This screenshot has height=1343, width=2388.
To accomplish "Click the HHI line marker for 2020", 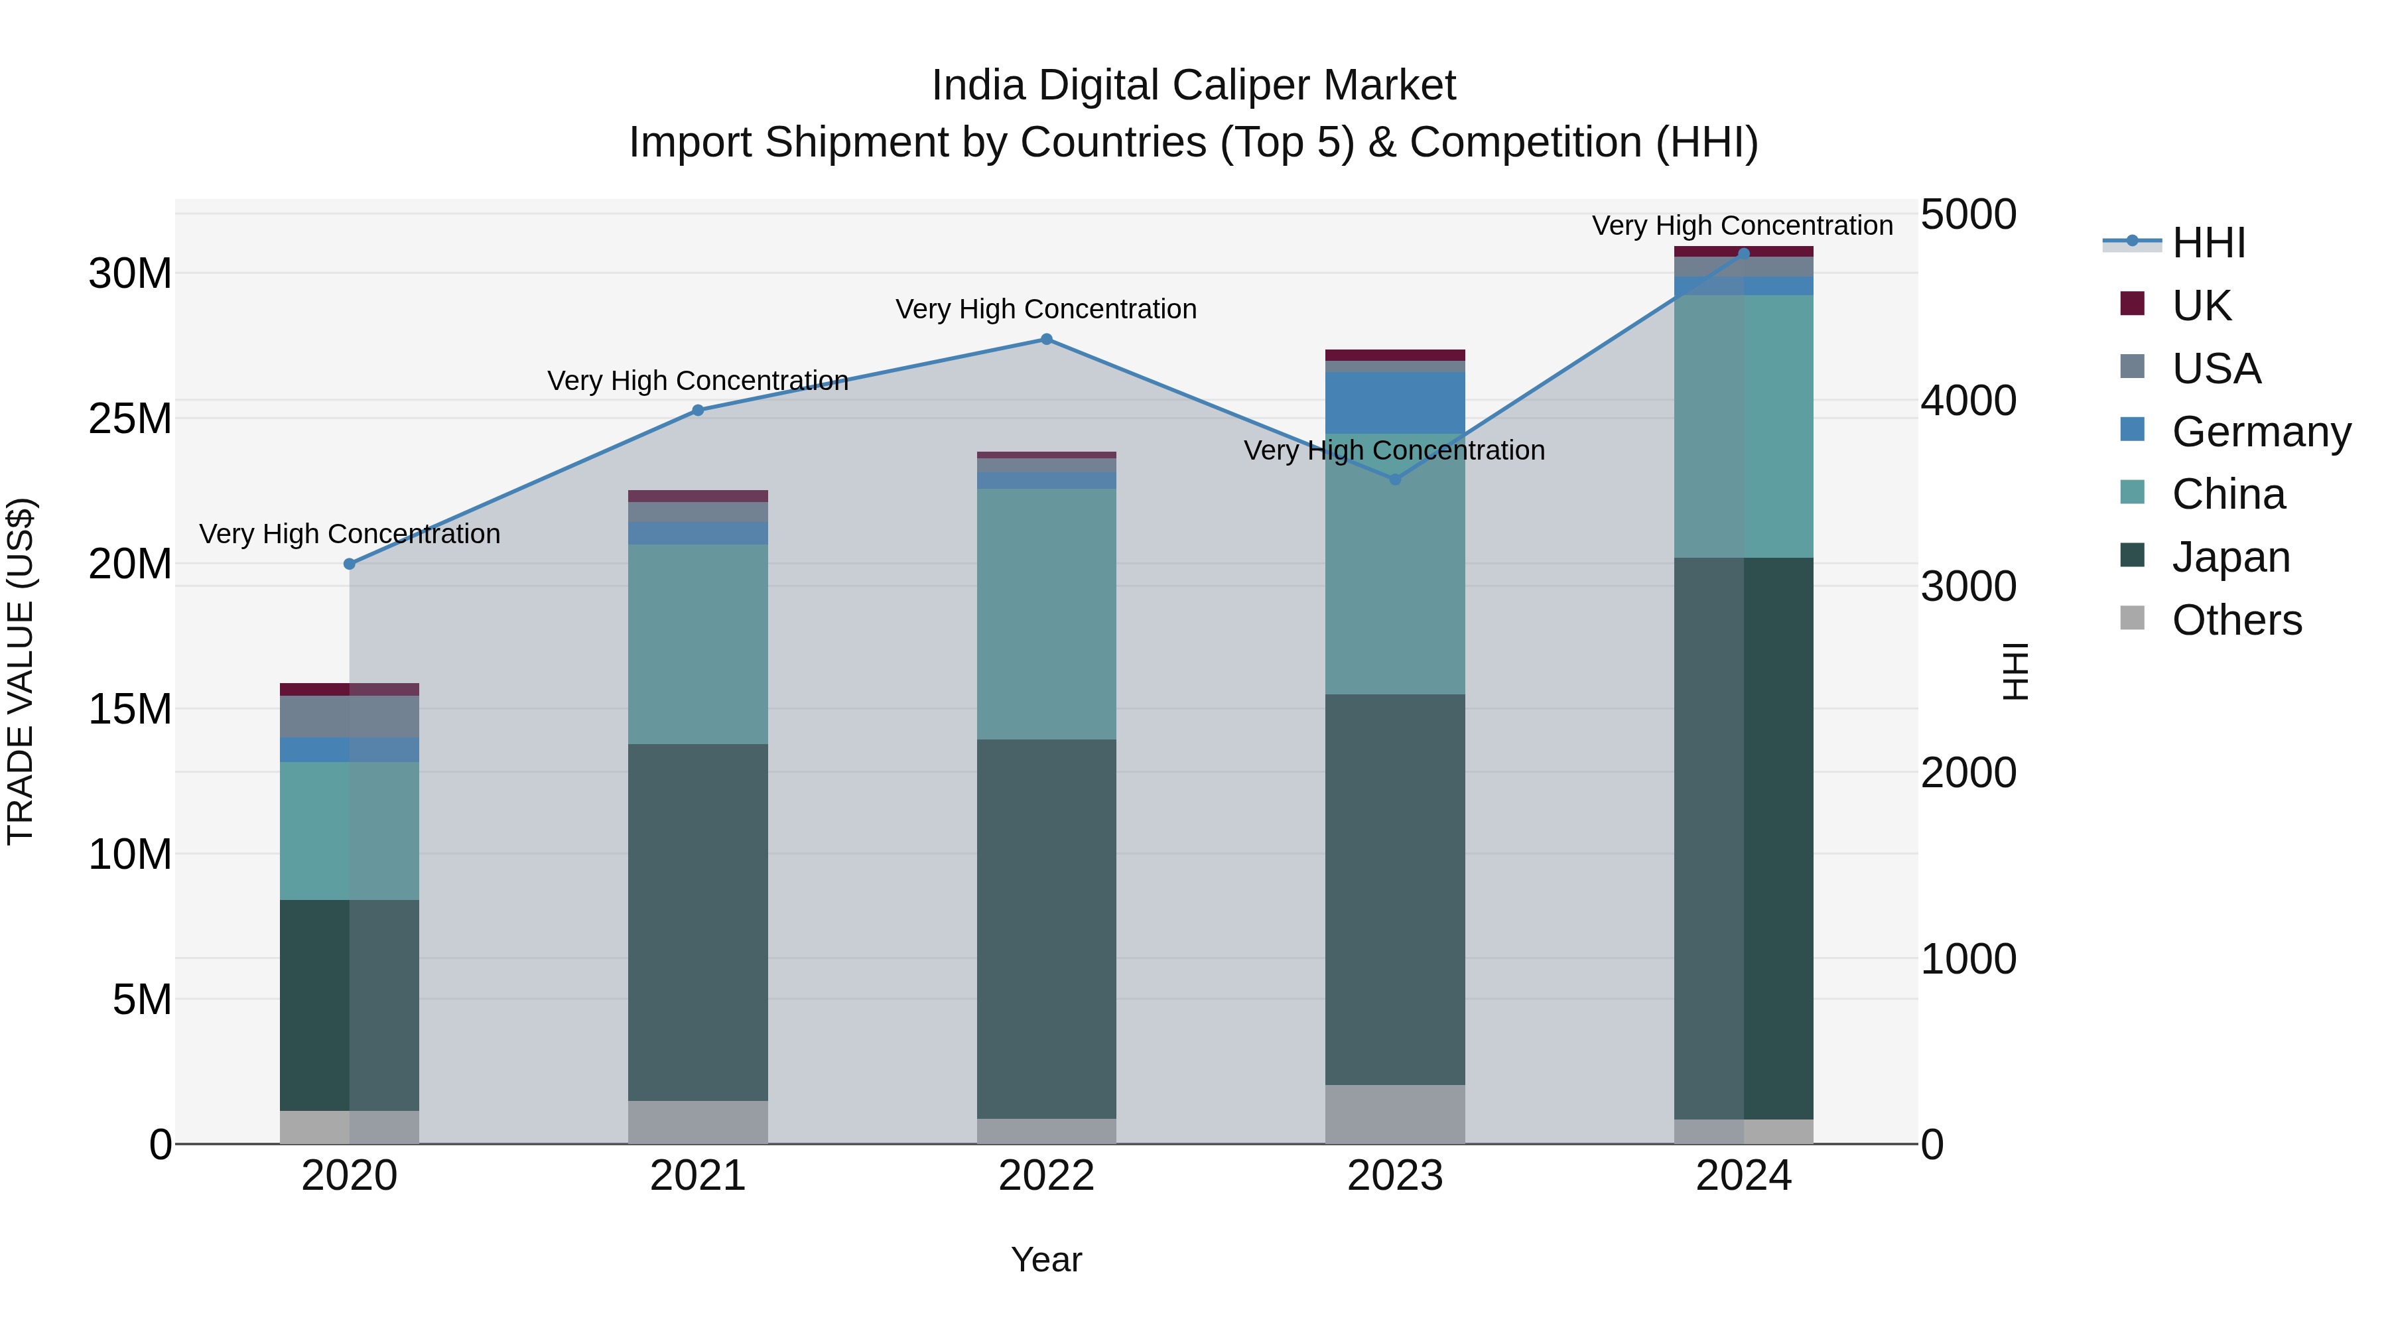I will click(350, 564).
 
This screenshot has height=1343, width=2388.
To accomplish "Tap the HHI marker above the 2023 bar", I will click(1394, 480).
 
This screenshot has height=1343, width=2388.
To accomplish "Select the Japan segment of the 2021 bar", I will click(698, 923).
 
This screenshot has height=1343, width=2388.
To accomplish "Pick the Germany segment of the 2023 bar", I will click(1394, 403).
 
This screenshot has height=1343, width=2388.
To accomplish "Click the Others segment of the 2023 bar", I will click(1394, 1114).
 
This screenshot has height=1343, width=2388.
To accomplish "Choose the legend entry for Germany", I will click(2234, 432).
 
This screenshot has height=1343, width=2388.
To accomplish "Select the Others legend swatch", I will click(2132, 618).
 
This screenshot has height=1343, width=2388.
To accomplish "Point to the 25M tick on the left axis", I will click(130, 419).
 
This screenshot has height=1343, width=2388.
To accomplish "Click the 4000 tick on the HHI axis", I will click(1968, 401).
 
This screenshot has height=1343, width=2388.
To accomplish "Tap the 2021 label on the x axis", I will click(698, 1176).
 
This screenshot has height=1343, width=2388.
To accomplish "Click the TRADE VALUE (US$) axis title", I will click(21, 671).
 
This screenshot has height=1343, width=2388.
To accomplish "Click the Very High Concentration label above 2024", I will click(1741, 225).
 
